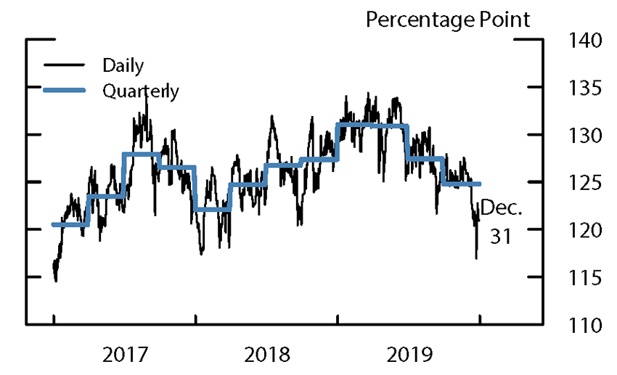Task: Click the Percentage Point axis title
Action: click(x=448, y=20)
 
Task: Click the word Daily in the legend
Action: click(x=123, y=65)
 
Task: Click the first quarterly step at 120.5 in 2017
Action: click(x=70, y=224)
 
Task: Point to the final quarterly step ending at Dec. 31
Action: click(x=461, y=184)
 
